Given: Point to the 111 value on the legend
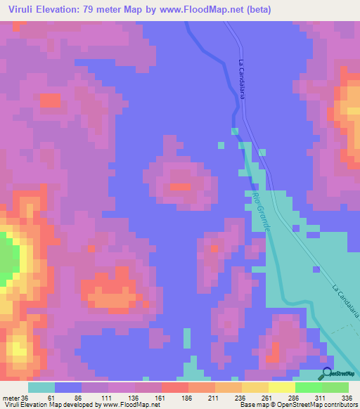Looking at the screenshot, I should click(108, 398).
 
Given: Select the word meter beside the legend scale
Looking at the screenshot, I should click(11, 398).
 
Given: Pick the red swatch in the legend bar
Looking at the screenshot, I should click(174, 387).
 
